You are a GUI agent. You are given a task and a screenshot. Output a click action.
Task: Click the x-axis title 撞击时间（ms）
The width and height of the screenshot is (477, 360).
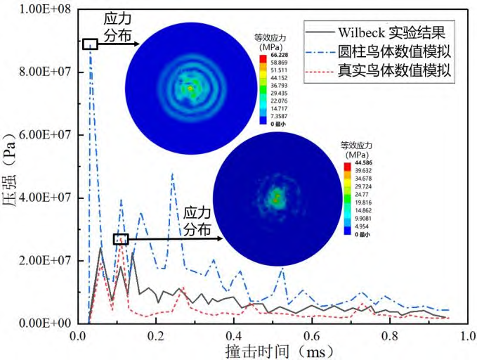[x=273, y=350]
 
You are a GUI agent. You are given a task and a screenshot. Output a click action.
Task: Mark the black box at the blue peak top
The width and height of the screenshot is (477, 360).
[x=89, y=44]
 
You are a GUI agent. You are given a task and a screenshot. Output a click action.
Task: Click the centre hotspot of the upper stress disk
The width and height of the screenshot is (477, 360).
[x=190, y=88]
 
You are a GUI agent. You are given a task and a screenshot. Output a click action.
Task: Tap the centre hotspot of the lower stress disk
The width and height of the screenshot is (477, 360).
[x=277, y=196]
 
